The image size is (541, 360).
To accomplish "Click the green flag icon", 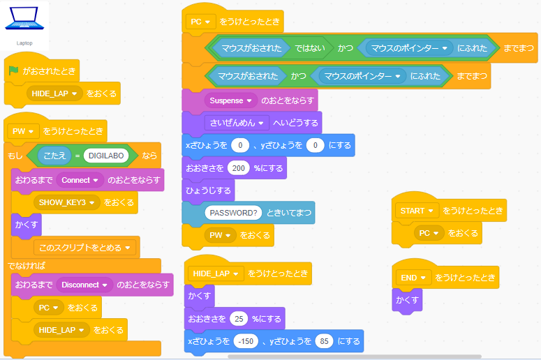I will point(13,70).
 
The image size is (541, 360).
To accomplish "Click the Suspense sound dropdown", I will point(230,100).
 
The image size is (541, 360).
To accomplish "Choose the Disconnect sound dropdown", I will point(84,285).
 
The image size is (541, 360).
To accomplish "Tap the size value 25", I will point(238,319).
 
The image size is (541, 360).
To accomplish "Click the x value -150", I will point(246,341).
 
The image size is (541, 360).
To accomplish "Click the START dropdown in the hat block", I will point(416,210).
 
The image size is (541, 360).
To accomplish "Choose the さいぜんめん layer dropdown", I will point(236,123).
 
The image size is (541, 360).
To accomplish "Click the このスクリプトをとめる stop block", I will point(86,248).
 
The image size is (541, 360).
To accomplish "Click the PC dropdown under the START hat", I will point(429,232).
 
